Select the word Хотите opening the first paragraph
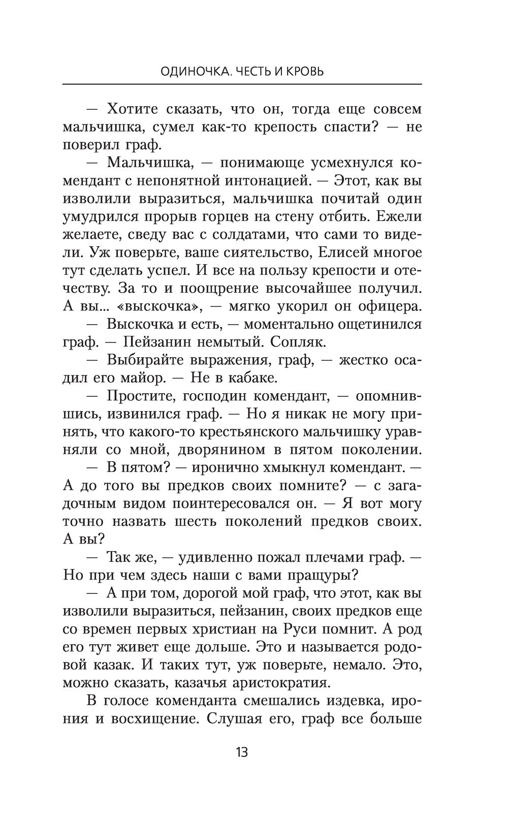(135, 109)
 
